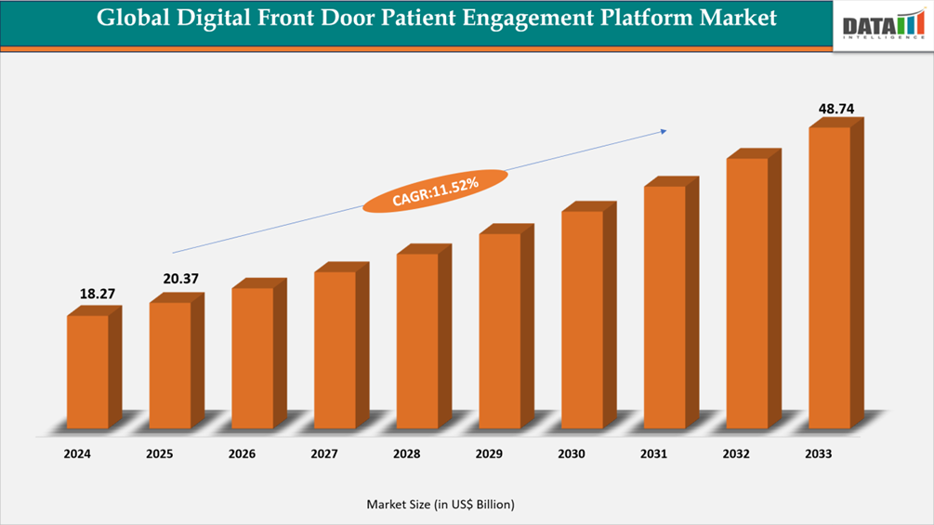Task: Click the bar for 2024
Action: [x=88, y=372]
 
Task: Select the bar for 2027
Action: [x=335, y=349]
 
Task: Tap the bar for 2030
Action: [x=583, y=320]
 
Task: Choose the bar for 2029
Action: [x=500, y=331]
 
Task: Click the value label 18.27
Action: [x=98, y=294]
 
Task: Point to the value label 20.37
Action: [x=179, y=279]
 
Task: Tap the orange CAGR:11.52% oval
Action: [x=435, y=190]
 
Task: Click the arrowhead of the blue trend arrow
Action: [x=663, y=131]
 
